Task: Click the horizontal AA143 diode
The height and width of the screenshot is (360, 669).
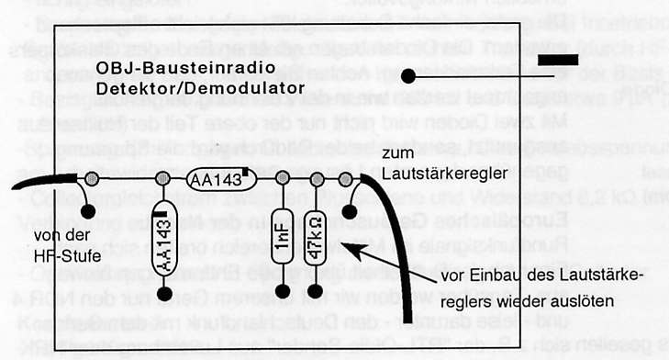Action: click(x=217, y=180)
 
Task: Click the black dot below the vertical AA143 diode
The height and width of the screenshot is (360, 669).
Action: click(x=165, y=294)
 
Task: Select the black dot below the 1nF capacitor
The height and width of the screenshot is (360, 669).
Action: click(x=284, y=294)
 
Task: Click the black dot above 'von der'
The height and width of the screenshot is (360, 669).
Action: click(x=89, y=212)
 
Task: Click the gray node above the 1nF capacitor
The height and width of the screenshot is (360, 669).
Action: click(x=284, y=179)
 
